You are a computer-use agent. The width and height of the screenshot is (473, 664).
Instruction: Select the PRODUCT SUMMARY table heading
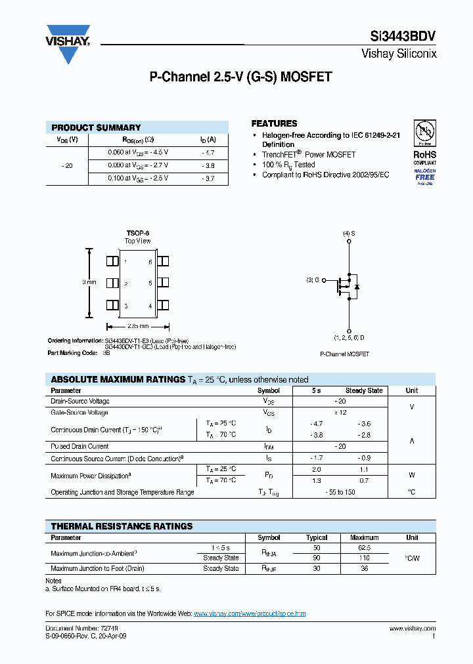[x=96, y=127]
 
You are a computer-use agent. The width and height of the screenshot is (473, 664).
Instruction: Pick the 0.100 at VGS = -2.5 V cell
[x=138, y=178]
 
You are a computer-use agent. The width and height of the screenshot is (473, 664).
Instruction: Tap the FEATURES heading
[x=274, y=123]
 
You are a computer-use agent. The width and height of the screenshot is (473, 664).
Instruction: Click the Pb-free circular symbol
[x=424, y=133]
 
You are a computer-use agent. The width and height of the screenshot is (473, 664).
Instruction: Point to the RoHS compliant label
[x=424, y=157]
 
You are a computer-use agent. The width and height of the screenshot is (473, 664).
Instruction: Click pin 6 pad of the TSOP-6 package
[x=163, y=261]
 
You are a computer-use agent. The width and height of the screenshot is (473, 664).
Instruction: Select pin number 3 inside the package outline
[x=126, y=306]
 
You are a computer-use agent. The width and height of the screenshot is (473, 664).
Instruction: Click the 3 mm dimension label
[x=89, y=282]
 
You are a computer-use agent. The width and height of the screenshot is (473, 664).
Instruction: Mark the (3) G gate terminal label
[x=313, y=280]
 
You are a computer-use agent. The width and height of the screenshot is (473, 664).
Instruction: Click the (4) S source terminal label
[x=349, y=234]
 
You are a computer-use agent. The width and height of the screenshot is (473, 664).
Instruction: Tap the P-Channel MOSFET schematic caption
[x=344, y=354]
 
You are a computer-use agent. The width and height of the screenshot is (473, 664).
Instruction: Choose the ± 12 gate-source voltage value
[x=340, y=413]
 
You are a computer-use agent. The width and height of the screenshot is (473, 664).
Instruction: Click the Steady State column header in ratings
[x=364, y=390]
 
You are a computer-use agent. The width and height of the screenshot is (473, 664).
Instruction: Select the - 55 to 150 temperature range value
[x=340, y=492]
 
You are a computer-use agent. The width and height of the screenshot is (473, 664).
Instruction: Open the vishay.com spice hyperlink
[x=250, y=613]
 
